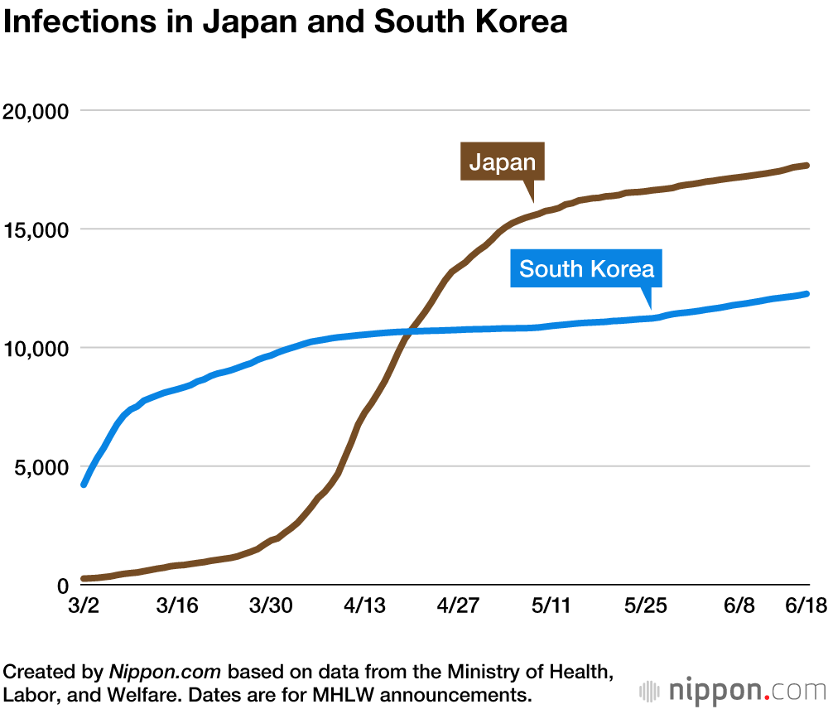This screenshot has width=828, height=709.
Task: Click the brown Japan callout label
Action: coord(502,162)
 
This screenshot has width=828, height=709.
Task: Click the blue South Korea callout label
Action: coord(586,268)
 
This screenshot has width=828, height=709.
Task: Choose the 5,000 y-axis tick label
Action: coord(41,466)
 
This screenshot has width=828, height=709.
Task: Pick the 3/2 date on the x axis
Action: coord(83,607)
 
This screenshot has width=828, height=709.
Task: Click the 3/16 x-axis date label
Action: coord(176,607)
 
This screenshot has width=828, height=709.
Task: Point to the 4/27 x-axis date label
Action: coord(458,607)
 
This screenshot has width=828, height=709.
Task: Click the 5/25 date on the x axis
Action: coord(645,607)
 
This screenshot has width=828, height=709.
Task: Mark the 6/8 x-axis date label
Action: coord(739,607)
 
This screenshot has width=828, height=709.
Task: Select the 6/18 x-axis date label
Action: coord(803,607)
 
